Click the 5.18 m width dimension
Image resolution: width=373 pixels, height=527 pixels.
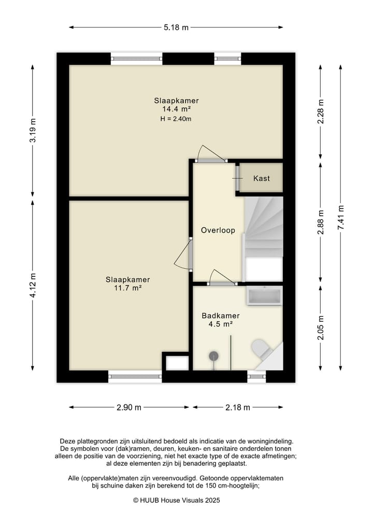[x=176, y=27]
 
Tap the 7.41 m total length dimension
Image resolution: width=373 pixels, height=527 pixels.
[x=341, y=218]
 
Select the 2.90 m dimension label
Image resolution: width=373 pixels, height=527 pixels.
[x=129, y=407]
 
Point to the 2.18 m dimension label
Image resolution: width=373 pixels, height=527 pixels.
[x=238, y=407]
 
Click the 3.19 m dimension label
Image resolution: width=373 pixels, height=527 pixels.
[x=33, y=131]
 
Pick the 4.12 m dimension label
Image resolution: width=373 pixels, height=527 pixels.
[x=33, y=286]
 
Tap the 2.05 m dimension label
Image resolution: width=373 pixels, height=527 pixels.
[x=321, y=327]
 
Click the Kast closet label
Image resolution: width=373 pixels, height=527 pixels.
[x=262, y=178]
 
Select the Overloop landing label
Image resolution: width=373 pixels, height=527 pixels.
[x=218, y=230]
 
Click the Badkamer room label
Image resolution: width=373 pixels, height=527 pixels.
[x=221, y=316]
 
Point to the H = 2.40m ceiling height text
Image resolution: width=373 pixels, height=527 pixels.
[x=176, y=119]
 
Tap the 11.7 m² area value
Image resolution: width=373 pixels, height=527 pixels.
[x=127, y=288]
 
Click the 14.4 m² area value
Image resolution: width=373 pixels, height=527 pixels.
[x=177, y=109]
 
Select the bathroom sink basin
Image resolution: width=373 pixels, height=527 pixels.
[x=264, y=296]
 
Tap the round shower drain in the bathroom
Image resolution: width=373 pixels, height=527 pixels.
[x=214, y=355]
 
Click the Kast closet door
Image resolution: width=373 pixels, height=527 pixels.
[x=237, y=178]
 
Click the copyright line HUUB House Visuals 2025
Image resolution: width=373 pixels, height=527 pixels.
[x=177, y=500]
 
